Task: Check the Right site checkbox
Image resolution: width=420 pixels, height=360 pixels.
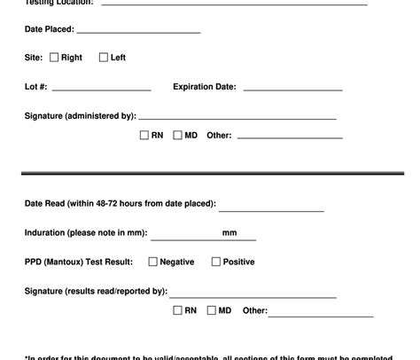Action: click(54, 58)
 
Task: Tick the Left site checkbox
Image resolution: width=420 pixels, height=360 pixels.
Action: click(104, 58)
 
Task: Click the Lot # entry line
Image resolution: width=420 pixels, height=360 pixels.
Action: click(101, 90)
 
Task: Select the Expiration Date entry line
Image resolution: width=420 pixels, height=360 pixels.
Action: click(292, 90)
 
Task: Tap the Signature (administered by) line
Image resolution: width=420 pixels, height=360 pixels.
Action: click(237, 117)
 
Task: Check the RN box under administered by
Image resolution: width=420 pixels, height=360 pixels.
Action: click(144, 136)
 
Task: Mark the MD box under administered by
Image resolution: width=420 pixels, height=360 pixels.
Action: click(177, 136)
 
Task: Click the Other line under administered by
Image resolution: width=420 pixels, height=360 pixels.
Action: click(289, 137)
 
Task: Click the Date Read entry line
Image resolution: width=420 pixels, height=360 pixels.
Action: click(271, 210)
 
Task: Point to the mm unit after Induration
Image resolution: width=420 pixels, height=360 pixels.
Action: click(229, 233)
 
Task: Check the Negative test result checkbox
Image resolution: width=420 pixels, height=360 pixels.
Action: click(152, 262)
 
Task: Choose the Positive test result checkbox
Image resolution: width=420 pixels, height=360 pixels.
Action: click(215, 262)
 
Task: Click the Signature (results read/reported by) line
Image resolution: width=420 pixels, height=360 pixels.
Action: click(253, 296)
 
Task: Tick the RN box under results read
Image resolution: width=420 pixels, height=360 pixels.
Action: click(177, 310)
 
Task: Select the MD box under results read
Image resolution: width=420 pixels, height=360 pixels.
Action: click(211, 310)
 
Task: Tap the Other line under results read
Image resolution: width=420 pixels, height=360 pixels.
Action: click(320, 315)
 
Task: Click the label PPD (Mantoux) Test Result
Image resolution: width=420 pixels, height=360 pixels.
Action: click(79, 262)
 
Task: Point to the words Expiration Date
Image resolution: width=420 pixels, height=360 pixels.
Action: click(205, 87)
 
